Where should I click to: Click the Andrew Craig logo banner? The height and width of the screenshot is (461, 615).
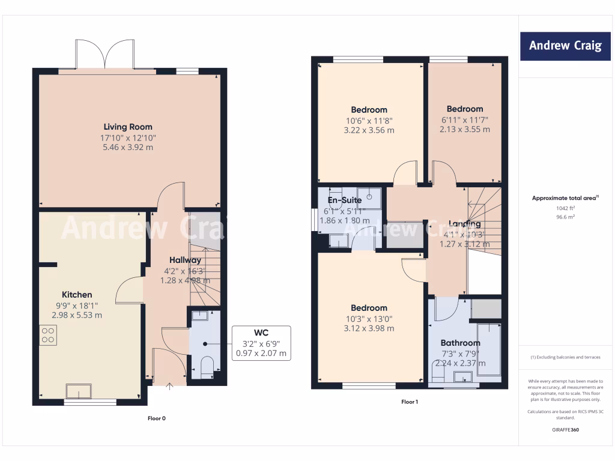coord(565,46)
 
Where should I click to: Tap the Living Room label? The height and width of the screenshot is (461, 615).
coord(128,127)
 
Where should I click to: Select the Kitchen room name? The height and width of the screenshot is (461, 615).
coord(77,294)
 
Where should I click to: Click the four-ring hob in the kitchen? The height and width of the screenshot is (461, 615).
coord(48,334)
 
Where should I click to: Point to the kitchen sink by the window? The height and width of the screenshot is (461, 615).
coord(79,391)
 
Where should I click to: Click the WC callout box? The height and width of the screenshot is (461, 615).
coord(261,343)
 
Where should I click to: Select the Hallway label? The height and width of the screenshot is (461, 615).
coord(184,260)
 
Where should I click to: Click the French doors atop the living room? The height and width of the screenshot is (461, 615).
coord(106,55)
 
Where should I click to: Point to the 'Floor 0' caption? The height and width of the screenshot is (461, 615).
coord(156,418)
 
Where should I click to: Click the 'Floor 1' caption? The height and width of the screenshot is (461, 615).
coord(409,402)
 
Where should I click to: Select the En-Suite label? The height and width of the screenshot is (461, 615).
coord(345,200)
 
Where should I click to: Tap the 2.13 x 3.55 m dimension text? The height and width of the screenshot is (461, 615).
coord(465,129)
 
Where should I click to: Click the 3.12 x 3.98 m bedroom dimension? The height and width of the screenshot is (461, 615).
coord(369,328)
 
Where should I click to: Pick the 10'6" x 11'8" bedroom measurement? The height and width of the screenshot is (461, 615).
coord(369,120)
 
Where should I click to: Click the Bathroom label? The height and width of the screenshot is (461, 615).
coord(461,343)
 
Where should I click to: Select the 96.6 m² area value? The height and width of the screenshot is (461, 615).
coord(565,217)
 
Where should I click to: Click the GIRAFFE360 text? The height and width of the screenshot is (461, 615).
coord(565,430)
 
